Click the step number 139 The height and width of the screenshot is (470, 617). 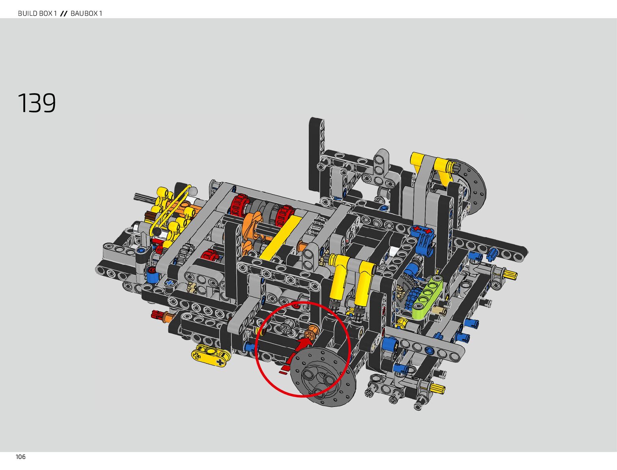[x=37, y=103]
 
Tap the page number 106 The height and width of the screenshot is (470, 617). [x=21, y=457]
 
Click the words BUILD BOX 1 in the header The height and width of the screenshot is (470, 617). [x=37, y=13]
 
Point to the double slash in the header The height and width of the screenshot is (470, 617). [x=64, y=13]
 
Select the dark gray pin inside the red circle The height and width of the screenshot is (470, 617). [x=288, y=326]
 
